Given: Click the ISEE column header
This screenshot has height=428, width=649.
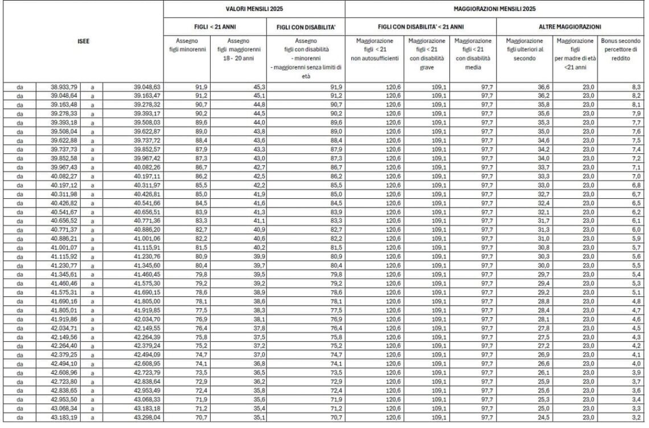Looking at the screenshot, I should point(83,41).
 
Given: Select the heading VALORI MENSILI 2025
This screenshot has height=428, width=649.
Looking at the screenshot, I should point(254,9).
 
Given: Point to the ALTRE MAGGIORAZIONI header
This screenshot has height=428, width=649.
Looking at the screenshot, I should point(571,27).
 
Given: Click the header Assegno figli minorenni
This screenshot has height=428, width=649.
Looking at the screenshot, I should point(188,45).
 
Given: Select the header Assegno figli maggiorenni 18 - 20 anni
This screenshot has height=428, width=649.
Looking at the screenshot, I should point(237,50).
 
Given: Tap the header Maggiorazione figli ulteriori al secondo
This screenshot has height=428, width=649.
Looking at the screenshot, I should point(524,50).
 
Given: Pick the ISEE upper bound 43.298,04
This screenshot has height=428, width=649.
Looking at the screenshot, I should point(147,418).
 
